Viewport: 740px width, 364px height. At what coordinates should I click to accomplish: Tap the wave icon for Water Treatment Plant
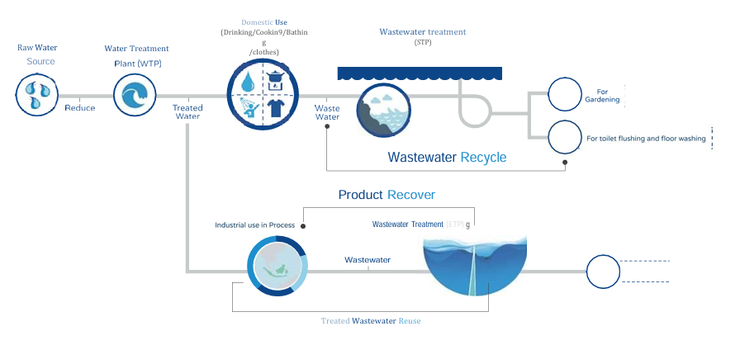point(134,93)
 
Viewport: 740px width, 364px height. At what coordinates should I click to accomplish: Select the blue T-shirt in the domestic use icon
point(276,109)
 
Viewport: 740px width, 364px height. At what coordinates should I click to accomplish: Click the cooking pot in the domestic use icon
point(276,79)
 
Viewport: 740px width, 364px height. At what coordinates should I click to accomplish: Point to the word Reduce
point(80,107)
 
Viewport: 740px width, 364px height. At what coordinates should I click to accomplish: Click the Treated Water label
point(187,112)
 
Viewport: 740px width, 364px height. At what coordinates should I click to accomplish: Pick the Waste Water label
point(328,112)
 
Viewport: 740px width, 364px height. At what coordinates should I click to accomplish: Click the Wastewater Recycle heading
point(447,157)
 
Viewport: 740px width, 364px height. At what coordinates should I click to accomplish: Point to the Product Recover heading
point(387,195)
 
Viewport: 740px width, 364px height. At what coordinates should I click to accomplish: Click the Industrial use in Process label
point(254,225)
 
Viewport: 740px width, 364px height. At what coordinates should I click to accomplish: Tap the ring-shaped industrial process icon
point(277,265)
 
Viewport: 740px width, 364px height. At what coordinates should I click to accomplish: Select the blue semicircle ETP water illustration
point(474,262)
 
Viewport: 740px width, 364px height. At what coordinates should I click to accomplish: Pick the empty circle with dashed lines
point(602,270)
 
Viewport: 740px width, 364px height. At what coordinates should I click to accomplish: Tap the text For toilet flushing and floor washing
point(646,139)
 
